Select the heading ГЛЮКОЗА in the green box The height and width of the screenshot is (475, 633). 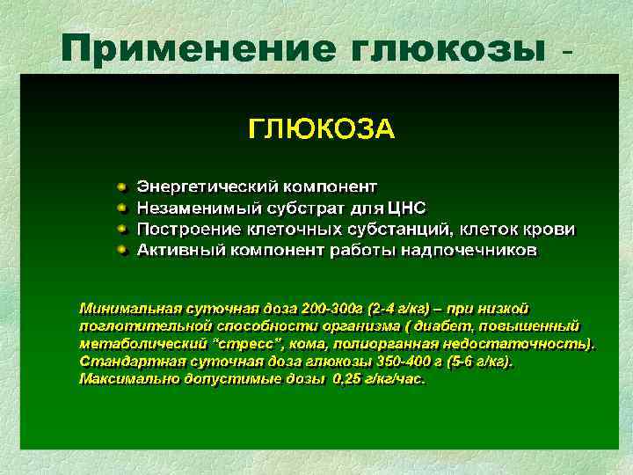click(x=322, y=130)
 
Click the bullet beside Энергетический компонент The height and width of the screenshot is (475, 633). click(x=122, y=187)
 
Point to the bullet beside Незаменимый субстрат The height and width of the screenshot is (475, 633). click(x=122, y=208)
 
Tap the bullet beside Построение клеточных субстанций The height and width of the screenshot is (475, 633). click(x=122, y=230)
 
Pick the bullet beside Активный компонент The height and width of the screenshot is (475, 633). click(x=122, y=251)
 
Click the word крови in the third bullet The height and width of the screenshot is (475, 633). click(x=550, y=230)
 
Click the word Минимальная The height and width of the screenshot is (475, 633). click(x=129, y=309)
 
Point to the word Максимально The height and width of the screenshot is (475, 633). click(x=127, y=380)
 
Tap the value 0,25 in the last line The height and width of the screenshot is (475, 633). click(x=348, y=380)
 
